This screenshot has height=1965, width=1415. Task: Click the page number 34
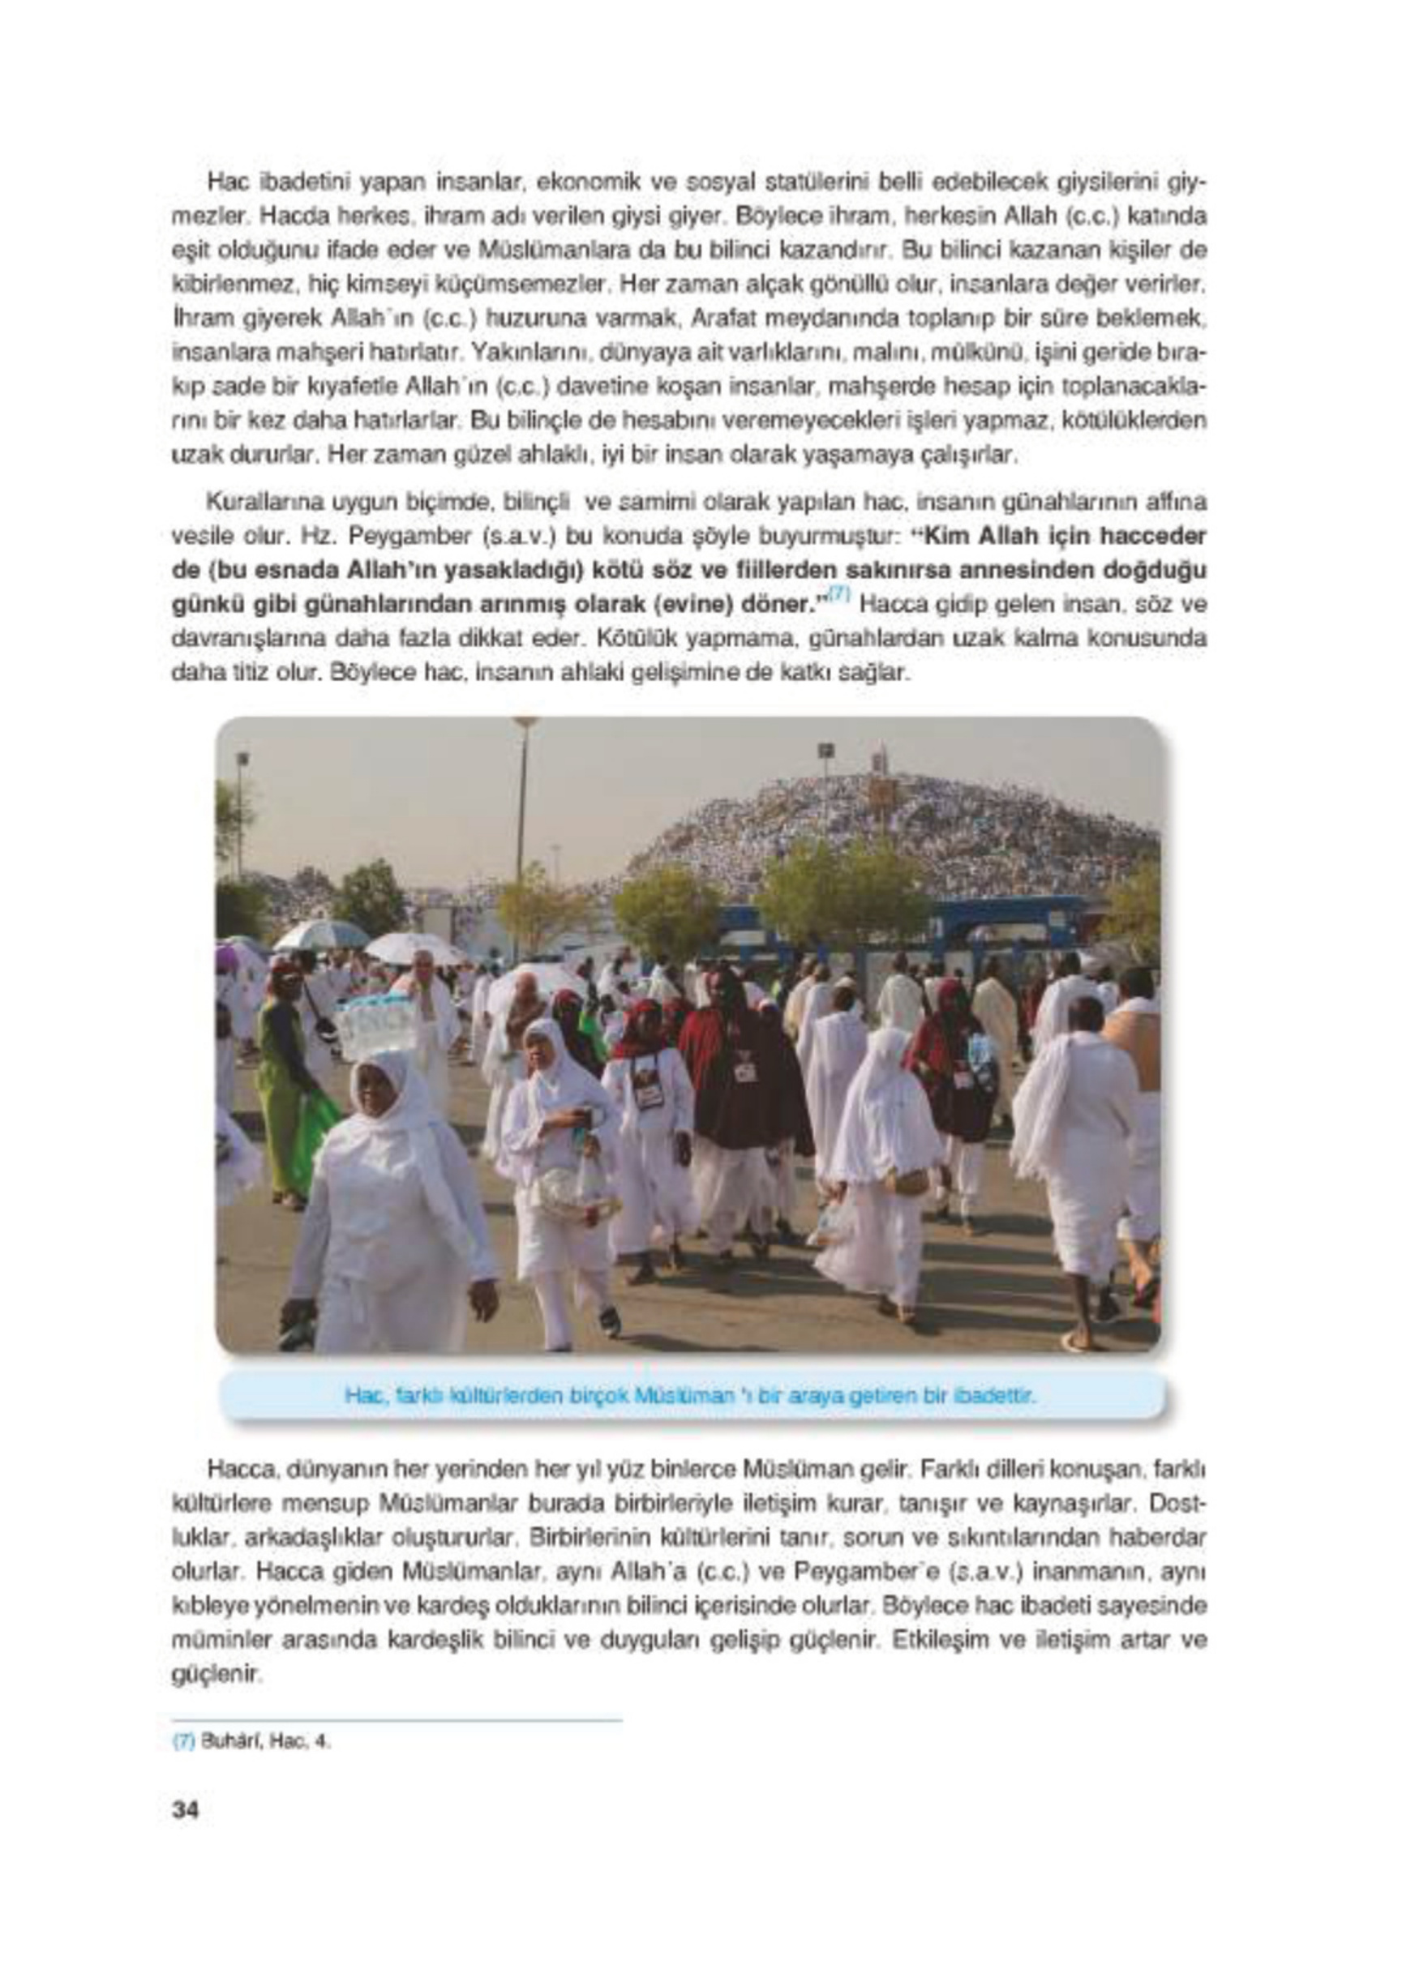tap(186, 1811)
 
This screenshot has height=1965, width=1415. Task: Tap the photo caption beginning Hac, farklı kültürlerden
tap(690, 1396)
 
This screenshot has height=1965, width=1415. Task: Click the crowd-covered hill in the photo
tap(901, 832)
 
